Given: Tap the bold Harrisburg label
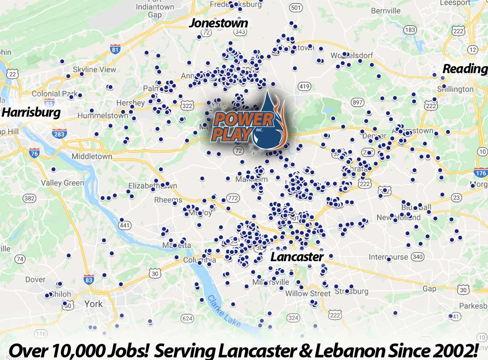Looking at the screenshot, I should click(x=31, y=112).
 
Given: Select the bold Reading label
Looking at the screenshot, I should click(x=465, y=69).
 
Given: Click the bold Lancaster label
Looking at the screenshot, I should click(x=297, y=256).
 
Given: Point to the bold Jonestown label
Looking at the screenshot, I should click(x=218, y=23).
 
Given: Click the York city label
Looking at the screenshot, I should click(x=93, y=303).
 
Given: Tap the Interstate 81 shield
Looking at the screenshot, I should click(x=115, y=49).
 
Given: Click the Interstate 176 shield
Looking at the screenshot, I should click(x=480, y=172).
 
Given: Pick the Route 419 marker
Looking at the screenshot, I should click(x=304, y=86).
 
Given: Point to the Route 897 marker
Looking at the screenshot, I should click(x=358, y=102).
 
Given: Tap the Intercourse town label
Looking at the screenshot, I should click(x=389, y=256).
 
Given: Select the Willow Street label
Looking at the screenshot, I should click(x=308, y=293).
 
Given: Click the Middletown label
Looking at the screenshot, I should click(x=92, y=156).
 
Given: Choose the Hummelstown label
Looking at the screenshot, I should click(x=103, y=116).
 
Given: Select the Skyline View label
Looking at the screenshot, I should click(x=94, y=69).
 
